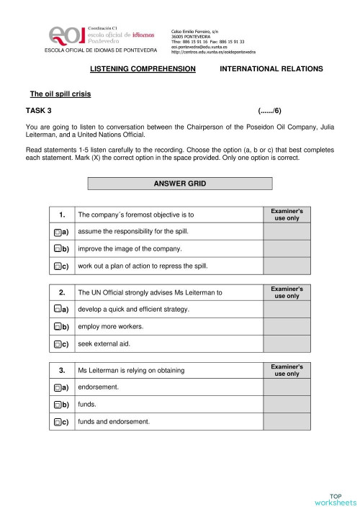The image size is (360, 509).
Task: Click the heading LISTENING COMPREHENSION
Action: (143, 68)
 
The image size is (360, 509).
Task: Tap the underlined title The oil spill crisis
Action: (60, 94)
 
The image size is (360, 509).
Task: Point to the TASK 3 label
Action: (37, 111)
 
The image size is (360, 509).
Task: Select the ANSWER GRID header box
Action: (179, 184)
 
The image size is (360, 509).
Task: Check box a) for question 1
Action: (57, 233)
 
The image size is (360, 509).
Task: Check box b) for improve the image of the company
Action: (57, 249)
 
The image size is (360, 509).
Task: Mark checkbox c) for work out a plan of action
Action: (57, 266)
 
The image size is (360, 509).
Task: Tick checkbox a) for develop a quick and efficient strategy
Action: (57, 310)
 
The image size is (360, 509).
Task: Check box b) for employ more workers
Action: (57, 327)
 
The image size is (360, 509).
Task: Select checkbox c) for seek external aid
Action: (57, 344)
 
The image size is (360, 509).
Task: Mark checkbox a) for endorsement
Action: (57, 387)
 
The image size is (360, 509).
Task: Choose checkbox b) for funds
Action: (57, 405)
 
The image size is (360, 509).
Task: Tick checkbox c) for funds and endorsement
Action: (57, 422)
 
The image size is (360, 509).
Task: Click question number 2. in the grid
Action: (63, 292)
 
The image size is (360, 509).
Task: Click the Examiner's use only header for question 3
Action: (287, 370)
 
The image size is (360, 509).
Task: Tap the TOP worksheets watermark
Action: (336, 499)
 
